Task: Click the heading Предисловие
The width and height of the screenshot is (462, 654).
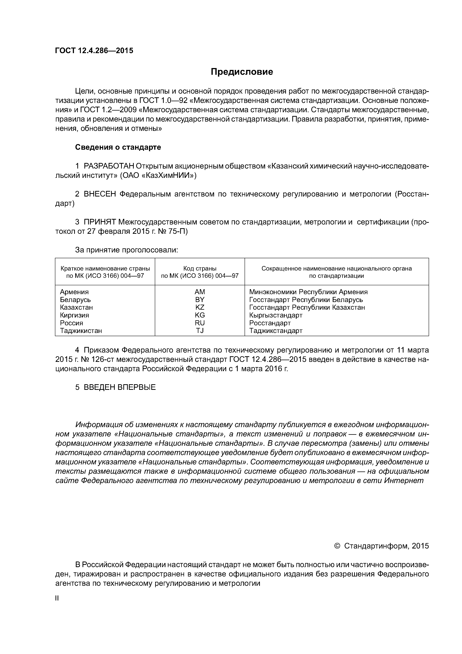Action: pyautogui.click(x=242, y=72)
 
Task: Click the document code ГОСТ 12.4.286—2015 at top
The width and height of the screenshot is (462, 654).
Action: pyautogui.click(x=94, y=51)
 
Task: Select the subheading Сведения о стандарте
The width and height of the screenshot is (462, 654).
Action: pyautogui.click(x=118, y=147)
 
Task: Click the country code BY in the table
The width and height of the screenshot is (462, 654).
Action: pyautogui.click(x=200, y=300)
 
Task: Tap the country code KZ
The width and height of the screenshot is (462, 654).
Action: pyautogui.click(x=200, y=307)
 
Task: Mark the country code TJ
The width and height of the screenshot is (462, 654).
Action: pyautogui.click(x=200, y=331)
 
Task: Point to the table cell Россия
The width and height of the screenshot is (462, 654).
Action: pyautogui.click(x=72, y=323)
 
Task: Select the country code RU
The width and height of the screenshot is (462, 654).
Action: pyautogui.click(x=200, y=323)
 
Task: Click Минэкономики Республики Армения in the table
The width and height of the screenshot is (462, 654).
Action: pyautogui.click(x=308, y=292)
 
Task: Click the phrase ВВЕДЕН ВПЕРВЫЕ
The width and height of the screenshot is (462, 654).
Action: pyautogui.click(x=120, y=387)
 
